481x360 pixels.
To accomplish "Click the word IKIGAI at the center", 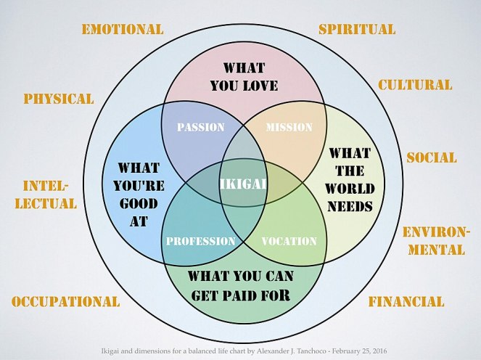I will (x=243, y=184).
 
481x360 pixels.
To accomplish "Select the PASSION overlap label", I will (x=201, y=127).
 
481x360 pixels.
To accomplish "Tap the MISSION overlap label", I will (x=289, y=127).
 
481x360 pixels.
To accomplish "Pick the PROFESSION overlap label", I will (x=201, y=241).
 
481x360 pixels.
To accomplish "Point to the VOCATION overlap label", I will (x=289, y=241).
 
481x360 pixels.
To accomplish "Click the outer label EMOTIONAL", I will (x=123, y=30).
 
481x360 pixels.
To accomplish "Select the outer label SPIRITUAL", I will (x=357, y=30).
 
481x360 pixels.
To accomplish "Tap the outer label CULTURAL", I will (x=415, y=85).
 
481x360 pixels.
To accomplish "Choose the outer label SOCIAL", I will (x=431, y=157).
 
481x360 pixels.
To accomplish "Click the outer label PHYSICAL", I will (x=59, y=99).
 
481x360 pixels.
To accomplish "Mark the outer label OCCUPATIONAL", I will (x=66, y=301).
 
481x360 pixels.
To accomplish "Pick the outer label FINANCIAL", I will (x=406, y=301).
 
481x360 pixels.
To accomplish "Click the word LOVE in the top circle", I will (x=258, y=86).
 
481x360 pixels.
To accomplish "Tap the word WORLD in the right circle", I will (x=350, y=189).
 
